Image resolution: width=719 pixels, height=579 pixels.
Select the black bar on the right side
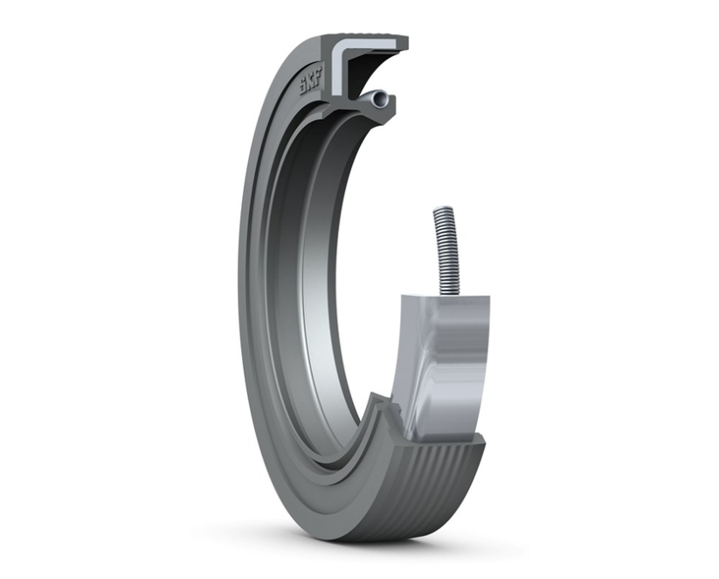[x=624, y=289]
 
